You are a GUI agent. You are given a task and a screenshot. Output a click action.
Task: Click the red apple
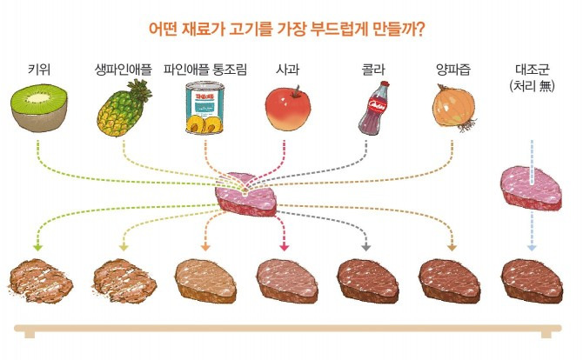[x=285, y=111]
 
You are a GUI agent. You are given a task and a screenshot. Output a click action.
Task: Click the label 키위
[x=39, y=69]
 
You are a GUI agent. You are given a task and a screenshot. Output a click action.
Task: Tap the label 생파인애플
[x=124, y=69]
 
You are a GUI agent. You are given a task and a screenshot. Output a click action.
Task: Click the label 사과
[x=286, y=69]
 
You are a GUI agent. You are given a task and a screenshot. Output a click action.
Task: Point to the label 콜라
[x=372, y=69]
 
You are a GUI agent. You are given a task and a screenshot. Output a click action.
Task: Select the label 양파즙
[x=453, y=69]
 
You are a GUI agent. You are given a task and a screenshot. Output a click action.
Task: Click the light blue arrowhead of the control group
[x=531, y=249]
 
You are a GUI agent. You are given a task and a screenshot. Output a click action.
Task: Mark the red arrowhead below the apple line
[x=284, y=249]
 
